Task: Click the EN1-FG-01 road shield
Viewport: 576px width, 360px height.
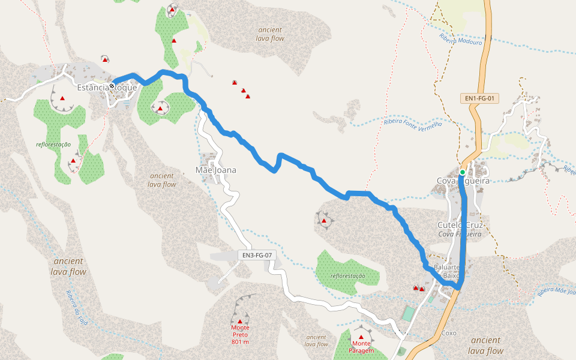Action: pos(482,98)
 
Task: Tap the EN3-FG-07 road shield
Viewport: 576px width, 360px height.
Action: pos(257,255)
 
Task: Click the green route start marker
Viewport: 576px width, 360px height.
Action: pos(463,173)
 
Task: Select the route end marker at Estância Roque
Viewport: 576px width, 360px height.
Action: pos(112,86)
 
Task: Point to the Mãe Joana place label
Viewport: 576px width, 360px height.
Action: pos(216,170)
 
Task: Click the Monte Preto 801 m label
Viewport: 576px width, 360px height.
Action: pos(240,334)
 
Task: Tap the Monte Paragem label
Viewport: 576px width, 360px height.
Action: pos(361,350)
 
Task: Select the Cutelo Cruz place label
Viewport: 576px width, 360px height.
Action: pos(460,224)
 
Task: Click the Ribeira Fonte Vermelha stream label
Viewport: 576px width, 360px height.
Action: pos(412,123)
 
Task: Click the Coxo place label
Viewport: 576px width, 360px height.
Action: pos(449,332)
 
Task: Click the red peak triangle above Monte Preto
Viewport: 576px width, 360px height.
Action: pos(240,322)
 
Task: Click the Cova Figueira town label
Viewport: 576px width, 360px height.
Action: pos(463,181)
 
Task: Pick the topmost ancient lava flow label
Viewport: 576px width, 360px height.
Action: pos(270,34)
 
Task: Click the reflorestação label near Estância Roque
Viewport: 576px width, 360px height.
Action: pos(53,144)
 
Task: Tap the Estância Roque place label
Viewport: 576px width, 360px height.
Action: pos(107,87)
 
